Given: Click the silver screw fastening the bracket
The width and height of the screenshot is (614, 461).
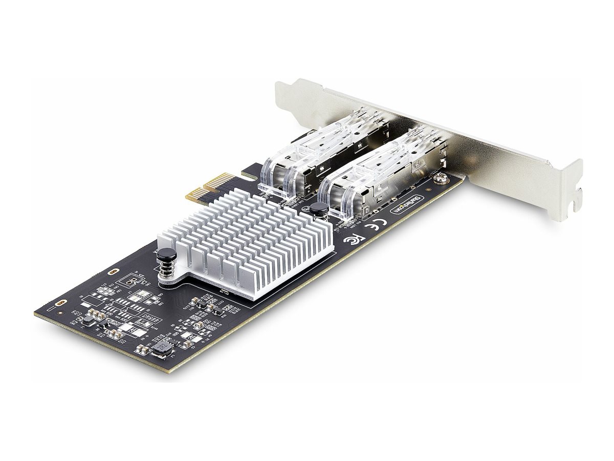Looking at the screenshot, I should click(438, 179).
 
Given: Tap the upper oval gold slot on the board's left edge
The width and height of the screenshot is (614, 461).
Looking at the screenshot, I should click(114, 270).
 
